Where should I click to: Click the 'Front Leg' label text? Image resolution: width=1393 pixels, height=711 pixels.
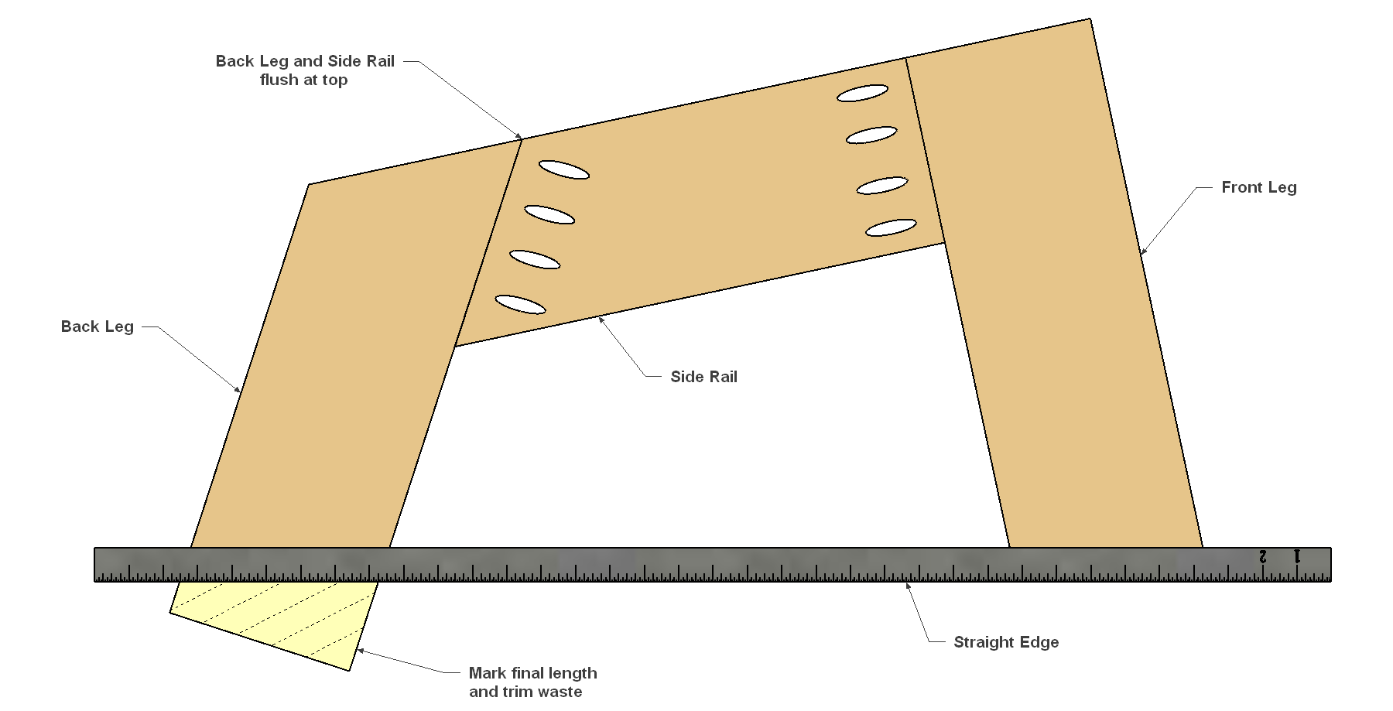(x=1258, y=187)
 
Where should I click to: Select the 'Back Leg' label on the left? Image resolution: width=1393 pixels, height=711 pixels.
(x=98, y=326)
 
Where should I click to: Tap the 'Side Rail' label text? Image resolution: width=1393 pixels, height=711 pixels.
(x=703, y=377)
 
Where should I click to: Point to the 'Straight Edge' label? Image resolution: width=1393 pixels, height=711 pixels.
(x=1006, y=642)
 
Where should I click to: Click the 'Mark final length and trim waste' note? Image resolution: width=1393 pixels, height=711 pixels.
(x=532, y=682)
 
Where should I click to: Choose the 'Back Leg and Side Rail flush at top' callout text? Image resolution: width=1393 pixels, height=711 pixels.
(x=305, y=70)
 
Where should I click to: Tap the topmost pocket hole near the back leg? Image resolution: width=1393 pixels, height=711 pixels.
(x=564, y=170)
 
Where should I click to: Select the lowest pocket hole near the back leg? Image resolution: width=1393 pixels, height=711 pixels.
(x=520, y=305)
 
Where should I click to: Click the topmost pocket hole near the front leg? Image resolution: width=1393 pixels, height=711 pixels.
(x=862, y=94)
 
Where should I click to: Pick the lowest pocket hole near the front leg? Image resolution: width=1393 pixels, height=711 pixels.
(x=891, y=228)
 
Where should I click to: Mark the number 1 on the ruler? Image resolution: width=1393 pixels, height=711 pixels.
(x=1298, y=556)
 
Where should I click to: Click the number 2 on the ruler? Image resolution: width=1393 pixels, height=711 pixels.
(x=1263, y=556)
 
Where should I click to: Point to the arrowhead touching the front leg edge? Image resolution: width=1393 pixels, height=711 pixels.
(x=1143, y=251)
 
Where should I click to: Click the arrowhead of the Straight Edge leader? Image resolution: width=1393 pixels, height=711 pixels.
(x=909, y=586)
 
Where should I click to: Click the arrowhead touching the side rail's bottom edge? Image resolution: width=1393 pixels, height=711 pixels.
(x=601, y=320)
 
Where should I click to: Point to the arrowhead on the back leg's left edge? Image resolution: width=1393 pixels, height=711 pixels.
(x=237, y=388)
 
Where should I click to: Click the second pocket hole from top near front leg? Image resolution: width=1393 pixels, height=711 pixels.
(x=871, y=135)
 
